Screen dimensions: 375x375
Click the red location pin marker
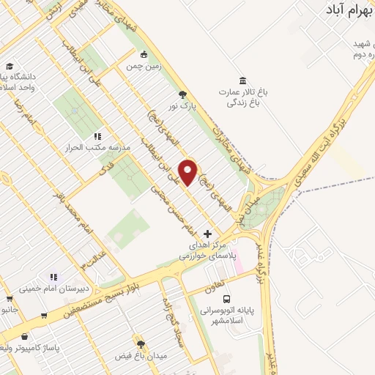pos(189,173)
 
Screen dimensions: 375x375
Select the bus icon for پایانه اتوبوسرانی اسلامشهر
pos(227,300)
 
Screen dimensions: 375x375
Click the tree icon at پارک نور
pos(182,94)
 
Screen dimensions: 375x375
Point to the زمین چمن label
pos(144,66)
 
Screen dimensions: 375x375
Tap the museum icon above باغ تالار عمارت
pos(242,81)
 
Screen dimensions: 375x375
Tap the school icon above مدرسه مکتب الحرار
pos(97,136)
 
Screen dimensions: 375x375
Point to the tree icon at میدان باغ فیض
pos(141,344)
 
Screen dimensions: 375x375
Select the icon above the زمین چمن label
pos(144,54)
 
